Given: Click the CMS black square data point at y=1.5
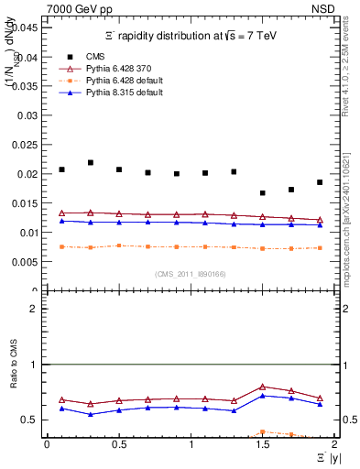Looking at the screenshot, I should [x=263, y=193].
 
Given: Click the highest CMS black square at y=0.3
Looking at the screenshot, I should [x=91, y=163].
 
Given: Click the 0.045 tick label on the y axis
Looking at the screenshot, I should [x=27, y=27].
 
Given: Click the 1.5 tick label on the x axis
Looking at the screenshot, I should [x=263, y=444].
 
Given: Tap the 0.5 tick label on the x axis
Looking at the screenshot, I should [x=119, y=444].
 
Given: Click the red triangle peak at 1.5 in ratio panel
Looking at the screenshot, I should [x=263, y=387].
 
